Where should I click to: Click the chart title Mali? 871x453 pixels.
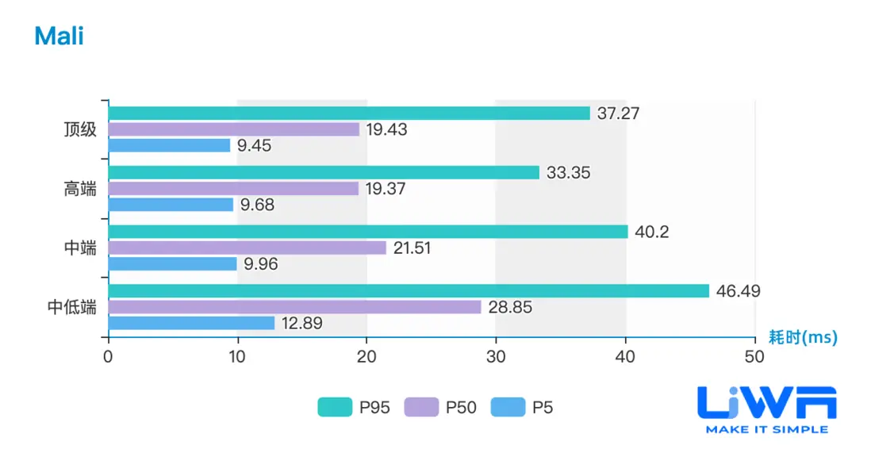(59, 36)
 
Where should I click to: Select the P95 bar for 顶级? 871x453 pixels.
(349, 113)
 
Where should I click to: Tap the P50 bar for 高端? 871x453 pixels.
(233, 189)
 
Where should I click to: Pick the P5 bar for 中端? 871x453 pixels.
(172, 263)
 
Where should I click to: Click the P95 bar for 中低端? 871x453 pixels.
(409, 291)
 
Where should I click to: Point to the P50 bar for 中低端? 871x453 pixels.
(294, 307)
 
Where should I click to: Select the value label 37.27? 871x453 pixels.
(618, 113)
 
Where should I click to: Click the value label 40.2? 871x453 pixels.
(653, 232)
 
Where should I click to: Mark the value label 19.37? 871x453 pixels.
(386, 189)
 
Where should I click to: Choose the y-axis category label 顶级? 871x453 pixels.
(80, 129)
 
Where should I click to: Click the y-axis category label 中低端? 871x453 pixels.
(72, 307)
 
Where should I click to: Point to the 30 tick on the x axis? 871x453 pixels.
(496, 357)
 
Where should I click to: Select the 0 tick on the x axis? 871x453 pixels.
(108, 357)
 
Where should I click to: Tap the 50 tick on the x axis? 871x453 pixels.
(754, 357)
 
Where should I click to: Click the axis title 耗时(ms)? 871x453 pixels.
(803, 337)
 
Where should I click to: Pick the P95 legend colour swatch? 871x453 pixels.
(334, 408)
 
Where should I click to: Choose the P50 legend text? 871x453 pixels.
(461, 408)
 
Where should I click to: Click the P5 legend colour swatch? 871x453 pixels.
(508, 408)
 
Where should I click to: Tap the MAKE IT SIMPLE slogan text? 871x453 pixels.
(766, 429)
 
